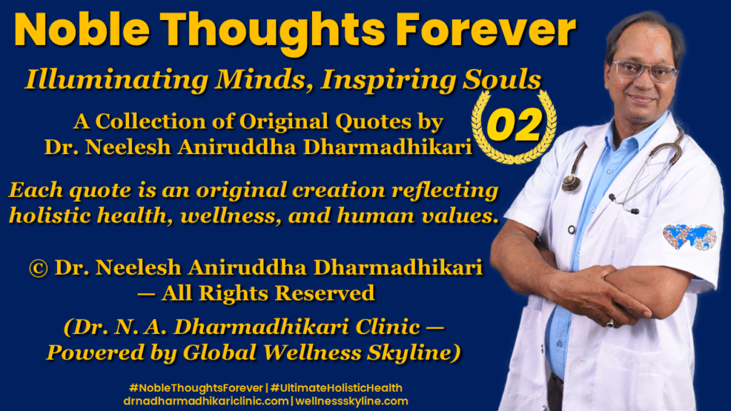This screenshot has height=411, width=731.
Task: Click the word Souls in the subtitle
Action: pos(499,80)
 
